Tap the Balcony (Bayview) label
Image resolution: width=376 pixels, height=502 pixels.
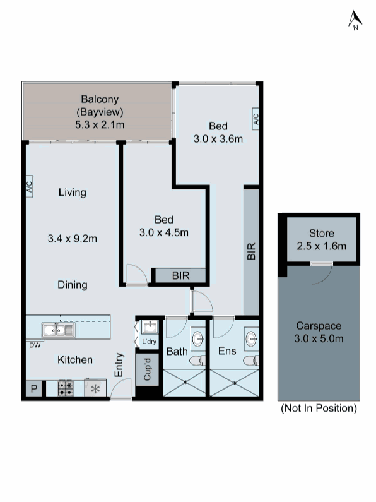[x=100, y=112]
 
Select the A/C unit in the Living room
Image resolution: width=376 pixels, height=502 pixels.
[x=29, y=187]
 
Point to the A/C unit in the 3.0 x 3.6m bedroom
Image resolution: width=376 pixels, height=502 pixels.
[x=256, y=118]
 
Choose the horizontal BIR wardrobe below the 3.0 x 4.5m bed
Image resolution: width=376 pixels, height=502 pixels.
[x=179, y=275]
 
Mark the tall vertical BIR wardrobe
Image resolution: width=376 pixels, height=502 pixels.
[x=251, y=252]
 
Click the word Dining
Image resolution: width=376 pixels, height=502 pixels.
[x=72, y=285]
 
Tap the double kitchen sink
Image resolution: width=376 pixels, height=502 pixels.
[x=58, y=330]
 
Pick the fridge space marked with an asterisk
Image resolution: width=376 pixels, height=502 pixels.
[x=96, y=388]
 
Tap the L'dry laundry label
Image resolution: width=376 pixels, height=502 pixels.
[x=149, y=342]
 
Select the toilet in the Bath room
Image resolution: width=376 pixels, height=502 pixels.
[x=196, y=361]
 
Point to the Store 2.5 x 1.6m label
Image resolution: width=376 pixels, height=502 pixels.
[x=321, y=240]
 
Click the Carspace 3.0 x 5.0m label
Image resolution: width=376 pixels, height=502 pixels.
[x=319, y=332]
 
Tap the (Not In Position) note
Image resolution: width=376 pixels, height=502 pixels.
[x=319, y=409]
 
